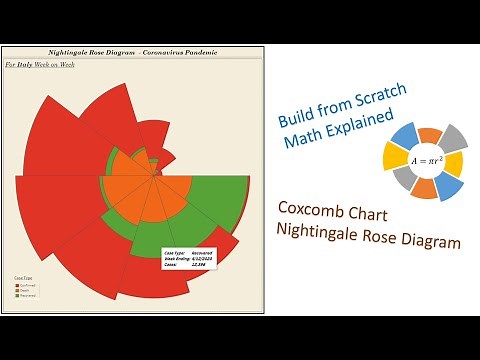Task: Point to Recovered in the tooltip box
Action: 203,254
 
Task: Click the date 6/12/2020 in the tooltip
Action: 203,261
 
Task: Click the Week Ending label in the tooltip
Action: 173,261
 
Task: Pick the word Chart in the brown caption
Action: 375,212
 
